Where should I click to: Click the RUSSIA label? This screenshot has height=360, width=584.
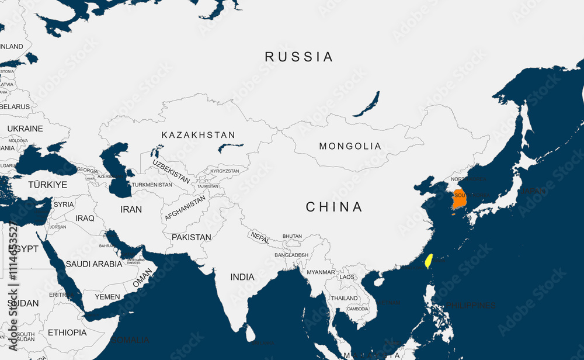tap(299, 57)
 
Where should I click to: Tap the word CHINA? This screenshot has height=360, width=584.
tap(334, 206)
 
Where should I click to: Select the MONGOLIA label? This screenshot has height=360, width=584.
tap(350, 146)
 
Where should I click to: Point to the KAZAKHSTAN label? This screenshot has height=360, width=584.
tap(199, 135)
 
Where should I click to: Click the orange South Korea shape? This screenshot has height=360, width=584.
tap(459, 199)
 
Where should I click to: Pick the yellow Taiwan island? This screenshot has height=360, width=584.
tap(428, 261)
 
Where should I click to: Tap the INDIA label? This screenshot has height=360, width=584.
tap(242, 276)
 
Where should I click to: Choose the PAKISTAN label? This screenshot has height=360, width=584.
tap(192, 237)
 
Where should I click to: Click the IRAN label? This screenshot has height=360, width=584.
tap(131, 209)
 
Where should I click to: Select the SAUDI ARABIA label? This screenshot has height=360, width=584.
tap(94, 264)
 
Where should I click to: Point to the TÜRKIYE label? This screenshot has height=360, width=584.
tap(48, 185)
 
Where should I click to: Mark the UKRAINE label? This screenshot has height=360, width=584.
tap(25, 129)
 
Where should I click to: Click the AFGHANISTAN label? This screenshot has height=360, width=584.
tap(185, 208)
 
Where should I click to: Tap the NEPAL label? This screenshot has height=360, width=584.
tap(260, 237)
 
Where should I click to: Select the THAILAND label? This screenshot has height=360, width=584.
tap(345, 298)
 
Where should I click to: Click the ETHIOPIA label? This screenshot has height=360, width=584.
tap(67, 333)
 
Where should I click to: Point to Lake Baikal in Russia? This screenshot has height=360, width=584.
tap(366, 103)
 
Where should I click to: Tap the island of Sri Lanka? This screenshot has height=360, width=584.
tap(251, 334)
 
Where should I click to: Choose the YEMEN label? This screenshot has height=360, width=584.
tap(107, 297)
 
